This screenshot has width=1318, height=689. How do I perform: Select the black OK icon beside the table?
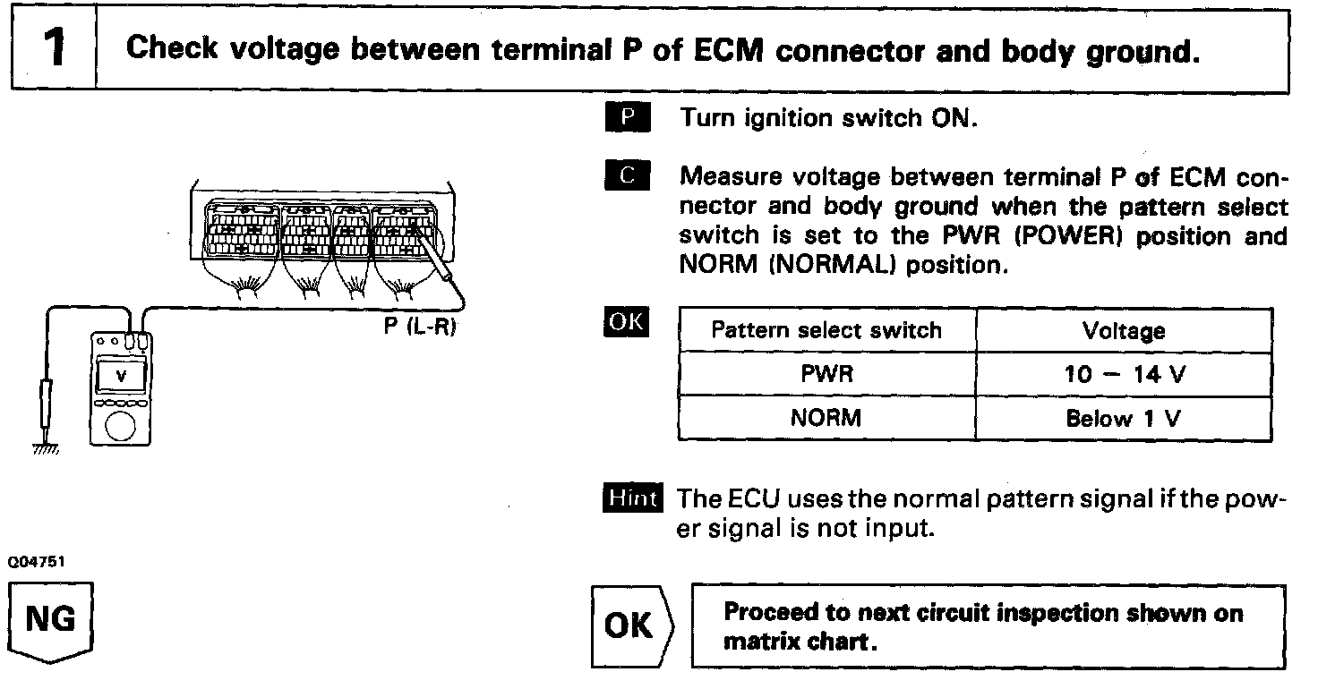(x=627, y=322)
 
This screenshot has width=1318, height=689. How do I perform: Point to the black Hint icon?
(x=633, y=498)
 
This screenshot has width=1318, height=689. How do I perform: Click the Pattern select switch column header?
(x=826, y=330)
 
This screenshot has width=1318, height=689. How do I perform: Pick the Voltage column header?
(x=1123, y=331)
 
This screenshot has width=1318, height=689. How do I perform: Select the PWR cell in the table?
(x=826, y=373)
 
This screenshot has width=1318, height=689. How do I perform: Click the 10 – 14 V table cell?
(x=1125, y=374)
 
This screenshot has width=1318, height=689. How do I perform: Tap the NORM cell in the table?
(x=826, y=417)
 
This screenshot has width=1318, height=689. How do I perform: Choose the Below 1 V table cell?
(x=1123, y=418)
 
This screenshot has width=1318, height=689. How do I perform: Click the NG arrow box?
(x=52, y=622)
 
